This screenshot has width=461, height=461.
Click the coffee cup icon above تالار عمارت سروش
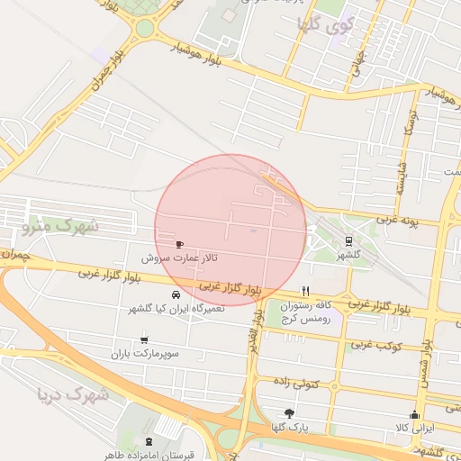click(x=178, y=244)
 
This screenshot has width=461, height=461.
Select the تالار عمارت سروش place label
click(x=178, y=258)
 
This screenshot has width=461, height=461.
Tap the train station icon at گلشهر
click(x=348, y=240)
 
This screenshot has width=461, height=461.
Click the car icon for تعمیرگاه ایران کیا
click(x=176, y=294)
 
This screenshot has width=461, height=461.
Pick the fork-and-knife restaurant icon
click(x=306, y=291)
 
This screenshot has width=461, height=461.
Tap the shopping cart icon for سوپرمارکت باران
click(x=144, y=339)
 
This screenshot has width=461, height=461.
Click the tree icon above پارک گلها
click(x=289, y=412)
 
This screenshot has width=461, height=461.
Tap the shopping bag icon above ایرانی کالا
click(x=414, y=415)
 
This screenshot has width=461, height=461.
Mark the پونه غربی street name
click(x=397, y=219)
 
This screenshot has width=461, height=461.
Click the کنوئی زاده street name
click(x=320, y=382)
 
